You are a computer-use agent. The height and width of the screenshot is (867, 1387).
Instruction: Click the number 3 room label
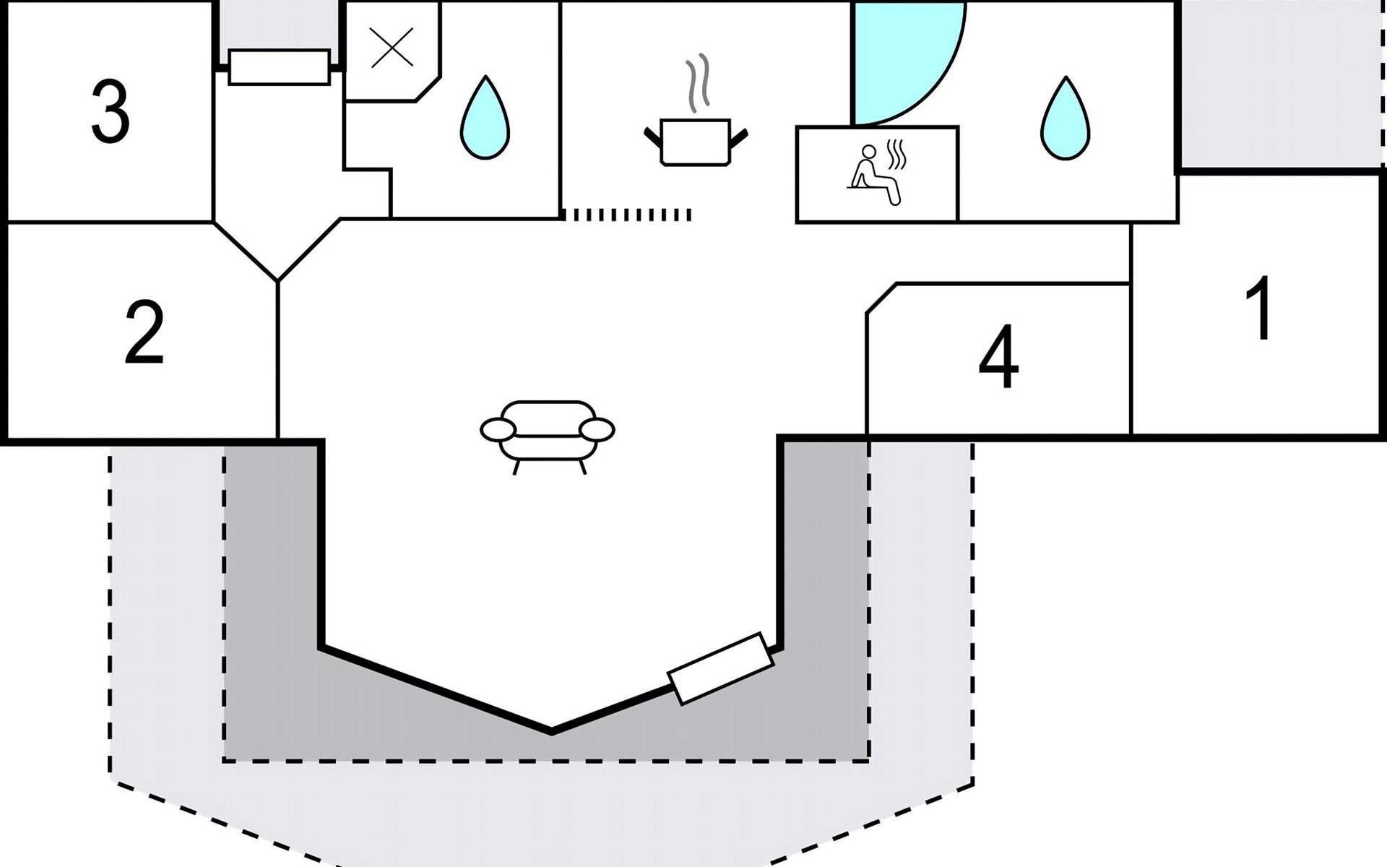tap(111, 112)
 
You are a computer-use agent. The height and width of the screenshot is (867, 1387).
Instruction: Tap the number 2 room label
tap(144, 333)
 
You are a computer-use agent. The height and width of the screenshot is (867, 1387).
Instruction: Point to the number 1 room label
tap(1261, 309)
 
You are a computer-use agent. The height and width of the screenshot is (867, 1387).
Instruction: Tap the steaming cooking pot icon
tap(695, 142)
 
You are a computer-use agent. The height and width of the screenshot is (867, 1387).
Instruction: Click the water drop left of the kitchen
tap(485, 118)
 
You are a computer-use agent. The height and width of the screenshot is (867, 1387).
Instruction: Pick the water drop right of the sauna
tap(1065, 118)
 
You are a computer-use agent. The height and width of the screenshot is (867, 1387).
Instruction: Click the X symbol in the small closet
tap(392, 48)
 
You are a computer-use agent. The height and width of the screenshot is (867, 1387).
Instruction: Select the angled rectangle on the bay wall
tap(720, 668)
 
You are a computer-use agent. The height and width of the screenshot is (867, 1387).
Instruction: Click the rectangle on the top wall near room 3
tap(279, 67)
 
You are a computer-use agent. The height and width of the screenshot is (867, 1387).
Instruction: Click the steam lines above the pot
tap(698, 83)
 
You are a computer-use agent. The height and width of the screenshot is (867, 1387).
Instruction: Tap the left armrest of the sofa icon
tap(498, 430)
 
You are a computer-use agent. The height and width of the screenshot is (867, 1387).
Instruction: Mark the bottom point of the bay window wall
tap(552, 731)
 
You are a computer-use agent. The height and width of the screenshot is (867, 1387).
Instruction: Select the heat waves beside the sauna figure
tap(896, 155)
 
